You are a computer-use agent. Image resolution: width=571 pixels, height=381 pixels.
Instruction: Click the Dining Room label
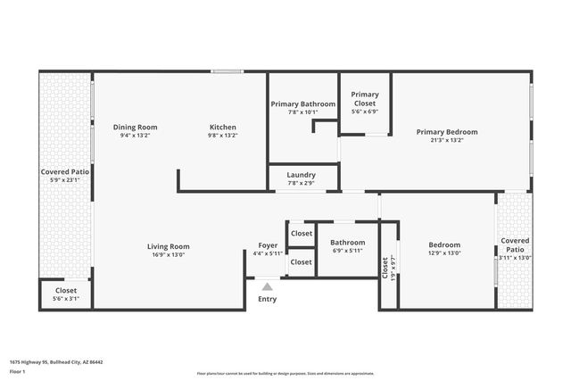[138, 127]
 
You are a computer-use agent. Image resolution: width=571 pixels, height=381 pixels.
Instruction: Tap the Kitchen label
[222, 127]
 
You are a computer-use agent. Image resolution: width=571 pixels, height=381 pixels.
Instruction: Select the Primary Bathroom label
[303, 104]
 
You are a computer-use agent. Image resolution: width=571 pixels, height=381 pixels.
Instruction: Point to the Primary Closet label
[365, 98]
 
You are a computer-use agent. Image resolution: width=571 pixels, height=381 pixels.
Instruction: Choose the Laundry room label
[301, 175]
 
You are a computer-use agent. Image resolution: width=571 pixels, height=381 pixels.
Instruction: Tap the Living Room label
[168, 246]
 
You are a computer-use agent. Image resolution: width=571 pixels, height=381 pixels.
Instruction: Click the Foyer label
[268, 244]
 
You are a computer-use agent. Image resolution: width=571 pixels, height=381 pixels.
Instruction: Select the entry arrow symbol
[267, 286]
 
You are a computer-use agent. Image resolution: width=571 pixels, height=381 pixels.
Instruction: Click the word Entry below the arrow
[267, 299]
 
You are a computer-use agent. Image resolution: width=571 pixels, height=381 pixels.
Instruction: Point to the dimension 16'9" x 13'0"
[168, 254]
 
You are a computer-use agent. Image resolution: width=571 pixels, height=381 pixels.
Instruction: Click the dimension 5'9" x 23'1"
[65, 179]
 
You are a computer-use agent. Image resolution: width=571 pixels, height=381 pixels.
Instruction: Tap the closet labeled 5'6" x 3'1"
[66, 298]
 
